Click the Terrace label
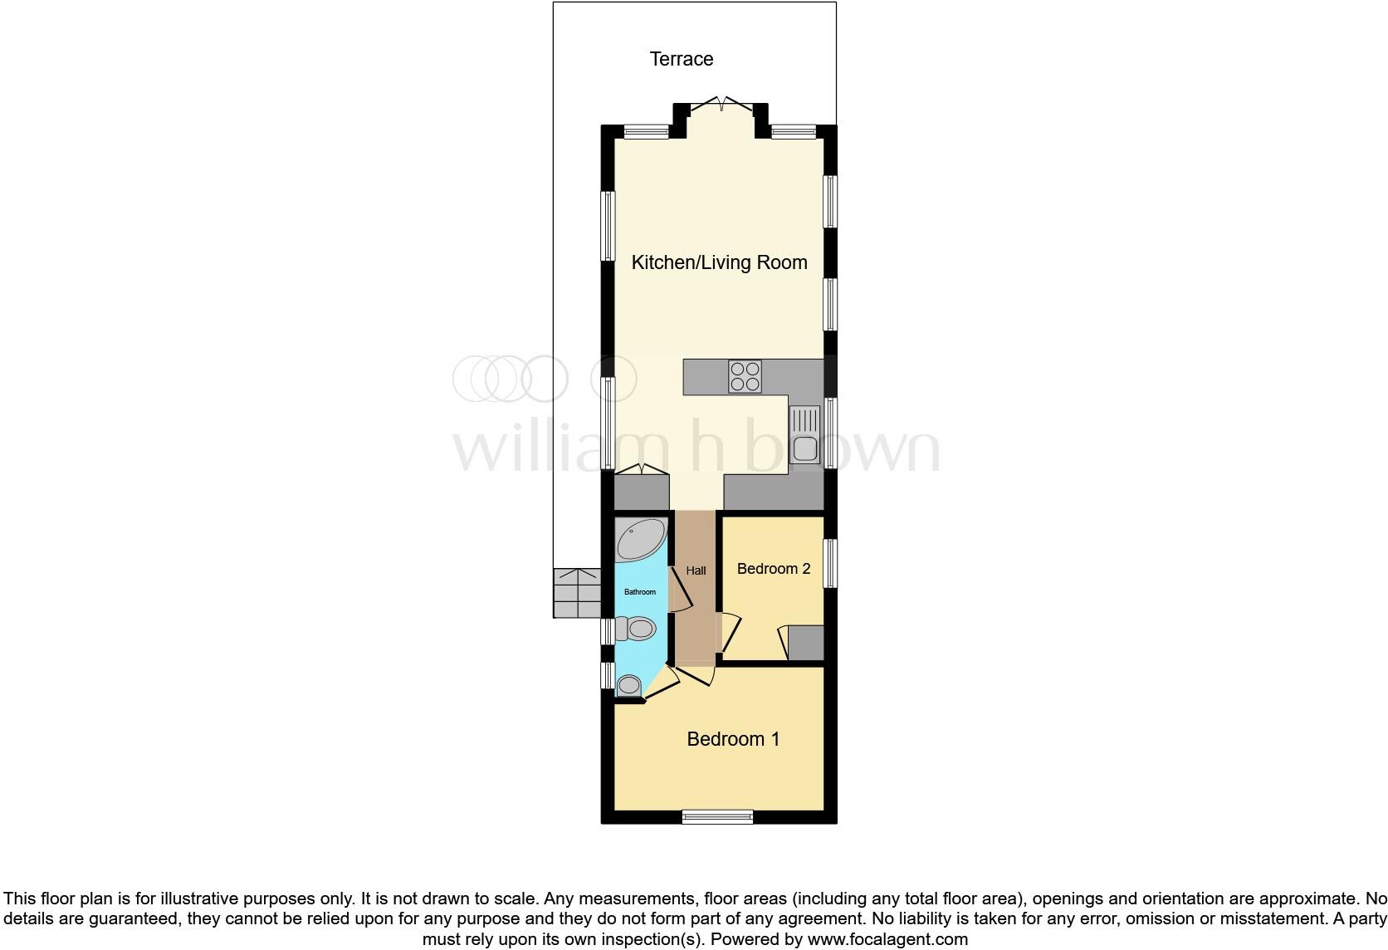(681, 59)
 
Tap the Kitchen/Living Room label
(719, 263)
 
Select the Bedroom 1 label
(733, 739)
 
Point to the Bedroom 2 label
(773, 569)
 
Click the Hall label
(696, 570)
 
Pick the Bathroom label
(640, 592)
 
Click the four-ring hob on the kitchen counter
(745, 376)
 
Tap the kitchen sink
(804, 435)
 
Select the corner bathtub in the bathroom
(640, 540)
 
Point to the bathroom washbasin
(628, 685)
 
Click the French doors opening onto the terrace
(721, 104)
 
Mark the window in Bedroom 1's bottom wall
(717, 816)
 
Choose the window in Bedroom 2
(830, 564)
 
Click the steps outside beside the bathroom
(577, 593)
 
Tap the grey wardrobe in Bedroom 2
(806, 643)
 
